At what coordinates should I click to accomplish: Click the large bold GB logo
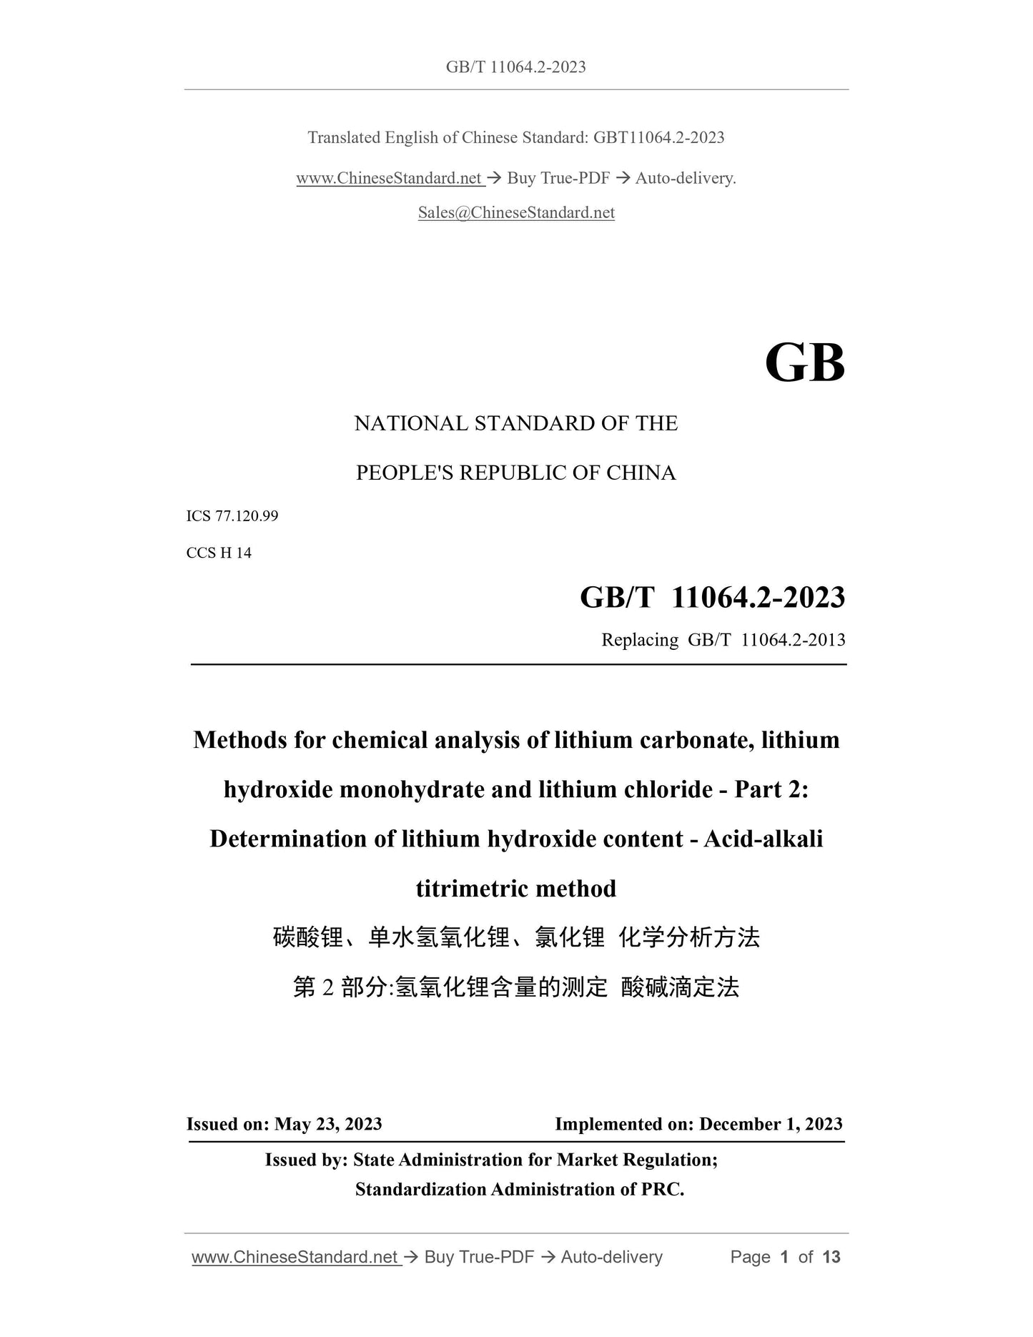[804, 363]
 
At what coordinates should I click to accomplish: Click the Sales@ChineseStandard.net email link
[516, 212]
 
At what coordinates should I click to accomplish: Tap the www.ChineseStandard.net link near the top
[390, 178]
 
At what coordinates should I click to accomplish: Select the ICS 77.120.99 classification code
[232, 515]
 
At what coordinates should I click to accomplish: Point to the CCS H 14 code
[219, 553]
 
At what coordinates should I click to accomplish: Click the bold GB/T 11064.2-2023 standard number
[712, 597]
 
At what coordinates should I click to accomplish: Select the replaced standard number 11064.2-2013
[793, 639]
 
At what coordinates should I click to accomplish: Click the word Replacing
[640, 639]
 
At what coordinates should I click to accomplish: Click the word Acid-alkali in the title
[763, 839]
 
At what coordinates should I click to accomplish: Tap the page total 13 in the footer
[831, 1257]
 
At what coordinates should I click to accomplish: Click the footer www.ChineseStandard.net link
[295, 1257]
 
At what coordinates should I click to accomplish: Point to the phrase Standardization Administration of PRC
[520, 1189]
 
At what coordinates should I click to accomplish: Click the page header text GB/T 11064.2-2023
[515, 67]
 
